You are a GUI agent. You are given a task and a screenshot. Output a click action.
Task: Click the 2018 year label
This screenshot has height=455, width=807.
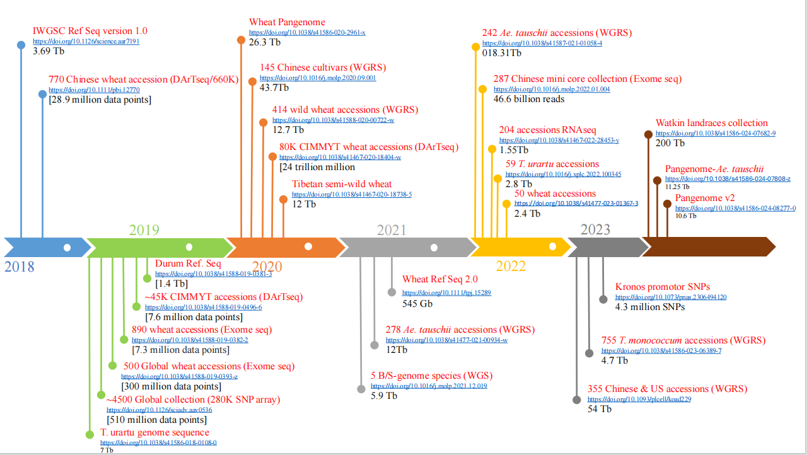20,267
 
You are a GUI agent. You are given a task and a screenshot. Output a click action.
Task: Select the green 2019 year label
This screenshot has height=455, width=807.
144,230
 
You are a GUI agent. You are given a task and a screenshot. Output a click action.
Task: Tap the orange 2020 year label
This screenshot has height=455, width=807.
267,267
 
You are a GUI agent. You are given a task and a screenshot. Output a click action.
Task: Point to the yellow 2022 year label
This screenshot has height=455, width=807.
511,265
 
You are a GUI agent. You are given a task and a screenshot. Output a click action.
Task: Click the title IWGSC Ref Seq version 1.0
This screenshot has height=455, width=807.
90,31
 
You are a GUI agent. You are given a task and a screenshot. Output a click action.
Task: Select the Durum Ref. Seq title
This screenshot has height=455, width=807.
188,263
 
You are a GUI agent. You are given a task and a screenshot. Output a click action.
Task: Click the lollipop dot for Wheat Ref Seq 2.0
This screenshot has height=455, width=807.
392,292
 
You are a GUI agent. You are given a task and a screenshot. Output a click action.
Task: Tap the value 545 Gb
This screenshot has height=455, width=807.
417,303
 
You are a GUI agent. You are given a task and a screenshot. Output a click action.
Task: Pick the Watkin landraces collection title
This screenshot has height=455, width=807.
712,123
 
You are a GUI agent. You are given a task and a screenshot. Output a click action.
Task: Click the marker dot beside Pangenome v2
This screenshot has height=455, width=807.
667,204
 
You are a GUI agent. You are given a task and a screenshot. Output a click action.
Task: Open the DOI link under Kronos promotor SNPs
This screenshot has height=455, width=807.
671,297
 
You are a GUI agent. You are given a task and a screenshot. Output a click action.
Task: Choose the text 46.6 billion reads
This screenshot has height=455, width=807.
529,99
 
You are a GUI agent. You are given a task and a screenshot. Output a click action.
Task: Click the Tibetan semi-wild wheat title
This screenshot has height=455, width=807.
342,184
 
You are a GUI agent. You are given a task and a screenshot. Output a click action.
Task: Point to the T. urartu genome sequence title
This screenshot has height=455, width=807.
154,432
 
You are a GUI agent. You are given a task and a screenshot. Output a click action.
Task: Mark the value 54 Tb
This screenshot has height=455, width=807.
600,409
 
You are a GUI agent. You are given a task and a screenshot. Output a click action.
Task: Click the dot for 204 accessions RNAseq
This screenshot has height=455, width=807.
492,149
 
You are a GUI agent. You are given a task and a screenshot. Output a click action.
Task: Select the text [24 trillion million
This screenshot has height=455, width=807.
317,167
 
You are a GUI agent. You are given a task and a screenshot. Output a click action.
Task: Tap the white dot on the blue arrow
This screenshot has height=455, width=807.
67,247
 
